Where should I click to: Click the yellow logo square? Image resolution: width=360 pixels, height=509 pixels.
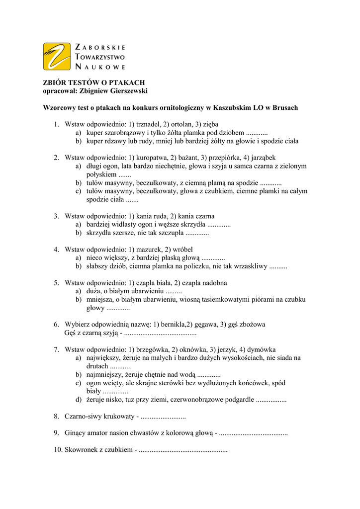click(x=57, y=56)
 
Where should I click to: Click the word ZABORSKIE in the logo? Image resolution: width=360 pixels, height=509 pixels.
click(x=100, y=47)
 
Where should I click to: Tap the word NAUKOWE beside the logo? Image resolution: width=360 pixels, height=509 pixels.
click(x=100, y=66)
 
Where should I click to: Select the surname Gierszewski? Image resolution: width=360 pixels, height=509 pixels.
click(x=126, y=90)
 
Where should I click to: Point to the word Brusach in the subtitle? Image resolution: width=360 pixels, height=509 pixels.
click(x=284, y=107)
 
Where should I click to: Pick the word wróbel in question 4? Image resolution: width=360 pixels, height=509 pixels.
click(x=183, y=249)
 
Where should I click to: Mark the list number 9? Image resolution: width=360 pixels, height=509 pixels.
click(x=56, y=433)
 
